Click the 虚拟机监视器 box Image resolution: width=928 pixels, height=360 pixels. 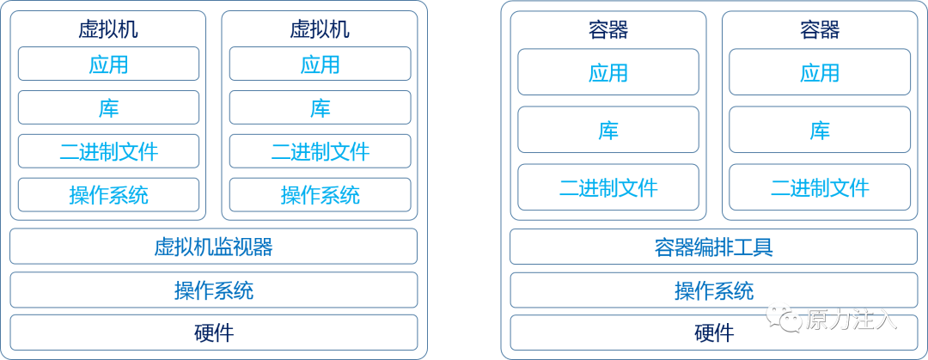[x=213, y=247]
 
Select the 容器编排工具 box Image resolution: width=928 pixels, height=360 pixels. [x=714, y=247]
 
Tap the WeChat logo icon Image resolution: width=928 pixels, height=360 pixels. [x=784, y=318]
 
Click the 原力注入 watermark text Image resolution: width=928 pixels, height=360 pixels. [x=851, y=319]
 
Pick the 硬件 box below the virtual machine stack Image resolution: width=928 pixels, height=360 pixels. [x=213, y=333]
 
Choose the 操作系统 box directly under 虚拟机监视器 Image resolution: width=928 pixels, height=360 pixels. [x=213, y=290]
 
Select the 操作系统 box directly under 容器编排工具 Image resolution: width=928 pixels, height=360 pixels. [x=714, y=290]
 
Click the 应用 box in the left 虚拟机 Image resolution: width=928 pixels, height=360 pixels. [x=108, y=64]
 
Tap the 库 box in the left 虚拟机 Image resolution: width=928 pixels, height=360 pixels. [x=108, y=107]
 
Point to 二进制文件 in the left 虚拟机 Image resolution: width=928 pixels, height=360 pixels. [x=108, y=151]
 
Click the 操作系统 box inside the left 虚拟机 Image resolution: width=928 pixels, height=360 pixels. [x=108, y=195]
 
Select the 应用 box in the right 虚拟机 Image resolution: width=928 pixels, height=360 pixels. [x=320, y=64]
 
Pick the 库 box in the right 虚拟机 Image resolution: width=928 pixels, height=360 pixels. [x=320, y=107]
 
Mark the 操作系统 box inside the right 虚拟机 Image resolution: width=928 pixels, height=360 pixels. [x=320, y=195]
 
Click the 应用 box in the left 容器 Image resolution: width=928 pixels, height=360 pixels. [x=608, y=72]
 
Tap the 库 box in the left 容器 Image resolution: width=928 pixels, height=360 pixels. [x=608, y=130]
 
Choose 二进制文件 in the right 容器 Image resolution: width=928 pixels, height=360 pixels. [x=820, y=187]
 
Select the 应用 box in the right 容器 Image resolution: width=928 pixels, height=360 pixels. [x=820, y=72]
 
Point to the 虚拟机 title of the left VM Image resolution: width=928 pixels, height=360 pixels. [x=108, y=29]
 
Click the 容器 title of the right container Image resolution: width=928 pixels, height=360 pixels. [x=820, y=30]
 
